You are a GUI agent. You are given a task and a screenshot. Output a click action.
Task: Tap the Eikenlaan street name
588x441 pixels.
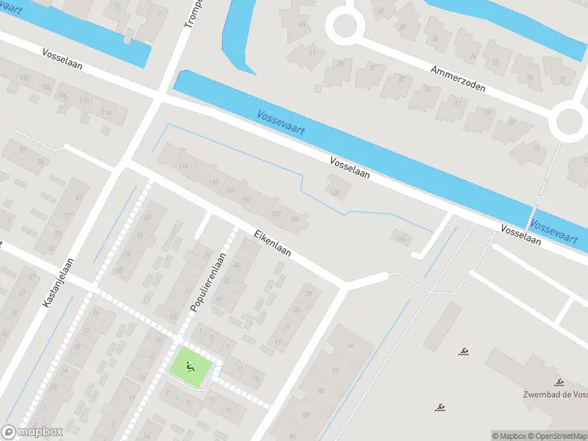(x=273, y=244)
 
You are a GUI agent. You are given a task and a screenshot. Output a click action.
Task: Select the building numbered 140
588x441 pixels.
(x=335, y=193)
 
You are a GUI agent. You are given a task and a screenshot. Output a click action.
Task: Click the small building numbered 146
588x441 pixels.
(x=401, y=237)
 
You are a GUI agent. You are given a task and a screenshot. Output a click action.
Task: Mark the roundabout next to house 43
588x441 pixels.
(x=345, y=26)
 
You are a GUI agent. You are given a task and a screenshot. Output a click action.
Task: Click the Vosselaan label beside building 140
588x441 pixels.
(x=350, y=169)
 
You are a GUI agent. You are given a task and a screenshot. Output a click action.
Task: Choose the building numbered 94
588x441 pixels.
(x=350, y=346)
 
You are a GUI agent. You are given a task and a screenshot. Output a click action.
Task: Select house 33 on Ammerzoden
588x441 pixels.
(x=424, y=94)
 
